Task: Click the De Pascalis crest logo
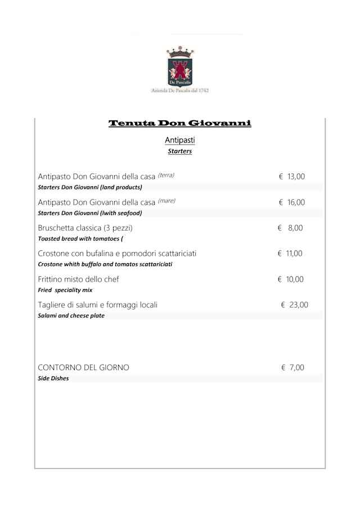pos(180,66)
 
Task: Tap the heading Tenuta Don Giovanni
pos(179,123)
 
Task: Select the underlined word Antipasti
pos(180,140)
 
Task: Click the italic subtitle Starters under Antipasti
pos(180,151)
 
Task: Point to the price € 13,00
pos(292,177)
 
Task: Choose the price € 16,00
pos(292,202)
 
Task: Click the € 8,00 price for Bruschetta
pos(290,228)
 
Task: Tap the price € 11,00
pos(290,254)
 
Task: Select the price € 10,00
pos(291,279)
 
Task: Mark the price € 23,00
pos(294,305)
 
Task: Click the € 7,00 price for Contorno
pos(292,367)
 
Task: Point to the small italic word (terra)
pos(166,175)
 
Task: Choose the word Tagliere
pos(53,305)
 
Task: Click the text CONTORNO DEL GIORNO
pos(83,367)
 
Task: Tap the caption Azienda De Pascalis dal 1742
pos(180,90)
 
